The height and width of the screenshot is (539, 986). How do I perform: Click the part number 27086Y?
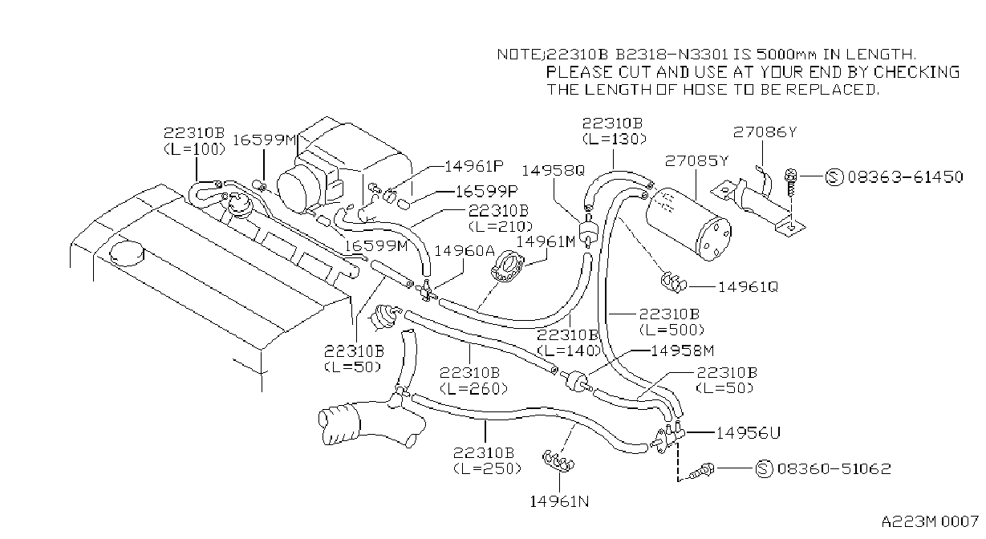765,132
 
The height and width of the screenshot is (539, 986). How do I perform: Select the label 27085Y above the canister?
696,161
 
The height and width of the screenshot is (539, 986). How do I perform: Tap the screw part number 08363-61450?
906,177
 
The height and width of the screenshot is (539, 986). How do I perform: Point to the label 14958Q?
554,170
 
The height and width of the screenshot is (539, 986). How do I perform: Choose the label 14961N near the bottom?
559,501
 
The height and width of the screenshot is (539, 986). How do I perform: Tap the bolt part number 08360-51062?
834,468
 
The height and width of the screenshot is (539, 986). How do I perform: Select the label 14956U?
748,433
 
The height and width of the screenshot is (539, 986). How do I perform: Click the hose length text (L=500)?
672,330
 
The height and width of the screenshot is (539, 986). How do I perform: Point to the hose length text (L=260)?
473,388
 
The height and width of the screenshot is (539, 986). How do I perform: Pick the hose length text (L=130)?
615,139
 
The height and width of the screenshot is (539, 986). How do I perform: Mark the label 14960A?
465,251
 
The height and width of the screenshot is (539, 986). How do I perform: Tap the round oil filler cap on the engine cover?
127,254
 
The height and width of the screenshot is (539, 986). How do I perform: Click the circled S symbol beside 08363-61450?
834,177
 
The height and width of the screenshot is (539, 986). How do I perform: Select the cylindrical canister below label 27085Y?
688,224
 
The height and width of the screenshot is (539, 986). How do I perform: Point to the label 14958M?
682,351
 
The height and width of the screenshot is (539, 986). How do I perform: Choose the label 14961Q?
749,287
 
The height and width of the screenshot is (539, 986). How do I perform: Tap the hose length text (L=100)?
195,149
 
